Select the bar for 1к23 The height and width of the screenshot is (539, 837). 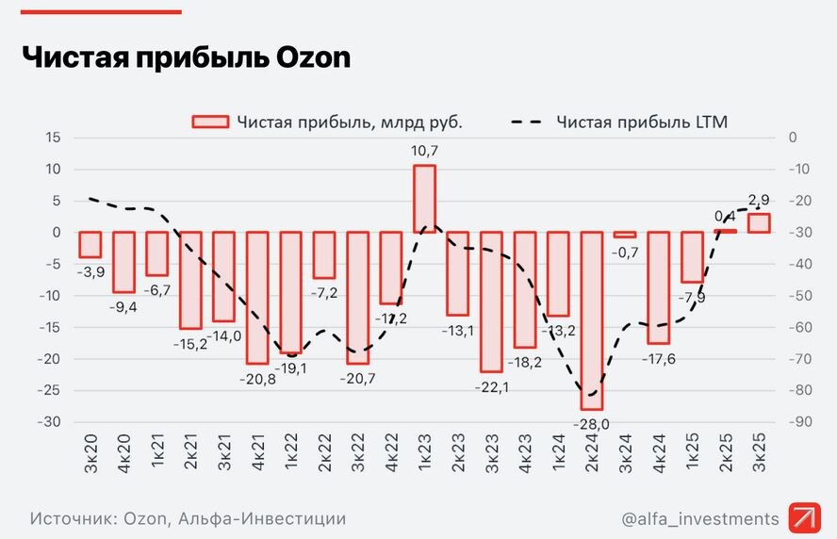(x=424, y=199)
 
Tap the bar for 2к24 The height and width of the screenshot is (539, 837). (x=591, y=320)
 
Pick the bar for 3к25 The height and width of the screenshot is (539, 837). (x=759, y=223)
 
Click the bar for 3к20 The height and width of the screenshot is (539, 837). (x=90, y=244)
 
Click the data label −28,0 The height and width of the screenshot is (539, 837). (x=591, y=424)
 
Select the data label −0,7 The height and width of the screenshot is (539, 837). (x=625, y=253)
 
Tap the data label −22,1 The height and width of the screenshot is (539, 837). (x=491, y=387)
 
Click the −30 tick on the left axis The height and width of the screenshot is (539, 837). (x=48, y=422)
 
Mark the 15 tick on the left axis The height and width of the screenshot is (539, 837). (x=53, y=138)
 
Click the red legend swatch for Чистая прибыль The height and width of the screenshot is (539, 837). (x=209, y=122)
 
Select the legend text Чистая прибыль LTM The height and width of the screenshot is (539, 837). (x=641, y=122)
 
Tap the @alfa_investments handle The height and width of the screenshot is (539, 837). (x=700, y=518)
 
